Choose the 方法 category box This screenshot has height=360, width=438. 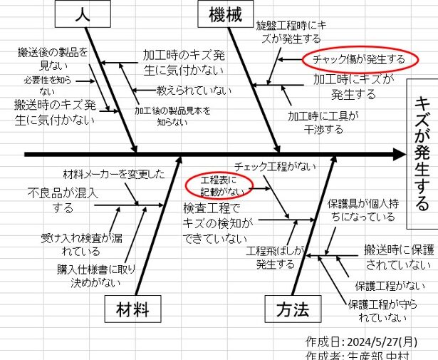point(293,309)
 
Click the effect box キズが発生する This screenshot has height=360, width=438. point(422,153)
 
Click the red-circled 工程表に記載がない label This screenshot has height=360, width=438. point(219,185)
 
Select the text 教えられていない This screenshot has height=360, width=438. point(194,91)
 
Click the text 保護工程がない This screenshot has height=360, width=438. point(390,286)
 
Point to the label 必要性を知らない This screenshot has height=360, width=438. point(48,85)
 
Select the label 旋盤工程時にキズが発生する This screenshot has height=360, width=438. point(288,31)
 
